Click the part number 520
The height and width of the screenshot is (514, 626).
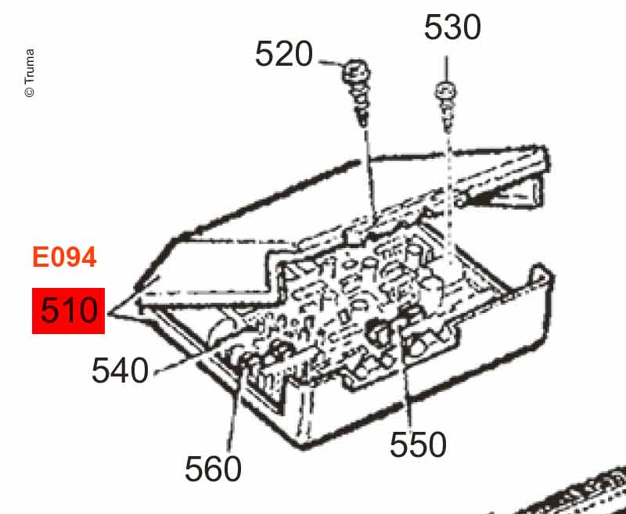pos(284,54)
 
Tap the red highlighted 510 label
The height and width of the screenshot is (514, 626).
pos(68,311)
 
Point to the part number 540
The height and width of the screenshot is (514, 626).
pos(121,371)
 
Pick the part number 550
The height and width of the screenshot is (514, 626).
pos(418,444)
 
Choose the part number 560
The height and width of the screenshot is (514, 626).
pos(213,469)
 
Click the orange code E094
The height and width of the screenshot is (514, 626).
pos(64,257)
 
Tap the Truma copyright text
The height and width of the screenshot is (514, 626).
pos(30,73)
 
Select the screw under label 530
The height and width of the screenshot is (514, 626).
pos(446,106)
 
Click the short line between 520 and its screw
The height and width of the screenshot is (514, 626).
pos(331,63)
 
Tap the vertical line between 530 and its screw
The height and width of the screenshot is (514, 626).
pos(446,69)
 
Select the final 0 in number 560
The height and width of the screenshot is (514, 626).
pos(232,469)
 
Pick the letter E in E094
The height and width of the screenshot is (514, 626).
pos(39,257)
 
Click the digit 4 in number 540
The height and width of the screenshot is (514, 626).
pos(121,371)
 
